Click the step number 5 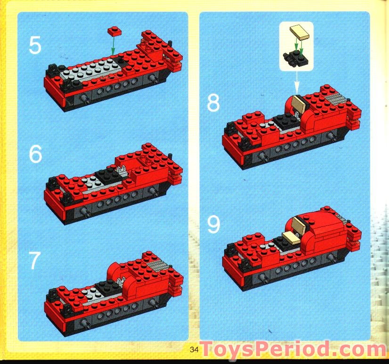click(x=35, y=45)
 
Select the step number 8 click(x=213, y=103)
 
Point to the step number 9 click(x=213, y=225)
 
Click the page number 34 click(x=194, y=349)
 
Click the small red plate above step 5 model click(x=113, y=31)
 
